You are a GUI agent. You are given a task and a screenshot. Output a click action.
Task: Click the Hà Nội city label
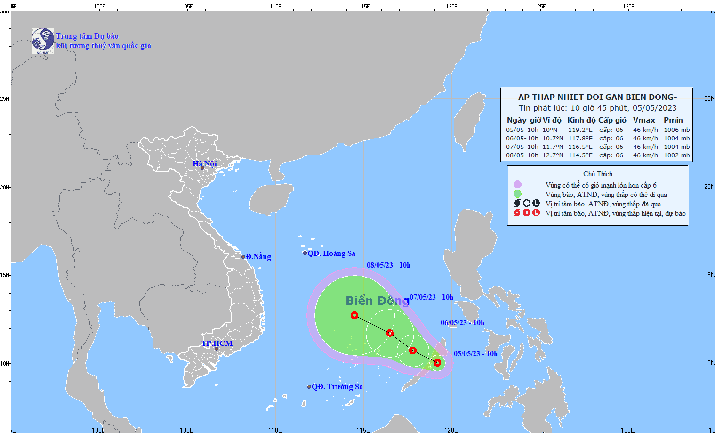tap(205, 163)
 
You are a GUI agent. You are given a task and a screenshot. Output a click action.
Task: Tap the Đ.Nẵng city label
tap(258, 257)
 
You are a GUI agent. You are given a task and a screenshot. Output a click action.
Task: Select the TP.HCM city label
tap(217, 343)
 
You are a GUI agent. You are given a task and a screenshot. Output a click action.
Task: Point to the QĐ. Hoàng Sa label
tap(331, 253)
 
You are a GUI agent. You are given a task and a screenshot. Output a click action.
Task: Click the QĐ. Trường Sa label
tap(337, 387)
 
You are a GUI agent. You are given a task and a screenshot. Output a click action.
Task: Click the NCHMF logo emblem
tap(43, 41)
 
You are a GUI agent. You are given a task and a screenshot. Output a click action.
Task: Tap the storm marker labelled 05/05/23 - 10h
tap(437, 362)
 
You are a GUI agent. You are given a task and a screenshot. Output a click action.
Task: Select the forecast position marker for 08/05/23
tap(354, 315)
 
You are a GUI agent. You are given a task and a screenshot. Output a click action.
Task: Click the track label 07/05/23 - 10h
tap(431, 297)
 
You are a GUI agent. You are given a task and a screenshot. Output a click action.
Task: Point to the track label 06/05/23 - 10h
tap(462, 323)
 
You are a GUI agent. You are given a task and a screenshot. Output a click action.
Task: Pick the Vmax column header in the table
tap(644, 120)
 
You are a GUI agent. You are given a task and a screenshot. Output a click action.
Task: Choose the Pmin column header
tap(673, 120)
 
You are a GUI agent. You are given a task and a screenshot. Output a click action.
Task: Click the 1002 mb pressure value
tap(676, 155)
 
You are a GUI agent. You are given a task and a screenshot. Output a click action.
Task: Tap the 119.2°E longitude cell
tap(580, 130)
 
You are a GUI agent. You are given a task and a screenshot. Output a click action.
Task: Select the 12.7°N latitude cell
tap(553, 155)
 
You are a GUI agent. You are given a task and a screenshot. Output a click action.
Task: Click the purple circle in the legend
tap(517, 185)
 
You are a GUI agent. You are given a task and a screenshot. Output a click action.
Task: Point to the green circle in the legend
tap(517, 194)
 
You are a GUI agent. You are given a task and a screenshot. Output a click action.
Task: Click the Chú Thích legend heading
tap(598, 174)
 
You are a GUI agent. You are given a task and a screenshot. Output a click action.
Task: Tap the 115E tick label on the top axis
tap(363, 7)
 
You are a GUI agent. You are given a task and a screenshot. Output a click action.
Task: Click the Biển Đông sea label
tap(378, 301)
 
